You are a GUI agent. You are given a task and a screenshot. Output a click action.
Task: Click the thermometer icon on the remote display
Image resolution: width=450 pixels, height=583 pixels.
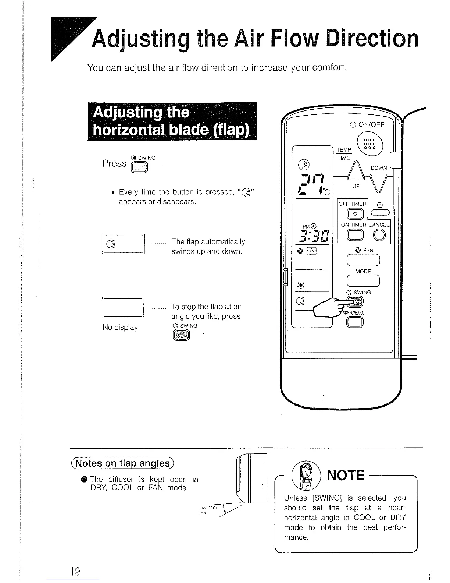pos(305,164)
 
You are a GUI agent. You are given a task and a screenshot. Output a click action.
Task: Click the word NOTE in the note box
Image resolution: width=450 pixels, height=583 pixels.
pos(345,475)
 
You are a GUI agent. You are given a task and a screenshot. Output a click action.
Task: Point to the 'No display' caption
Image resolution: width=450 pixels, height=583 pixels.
pos(120,327)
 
